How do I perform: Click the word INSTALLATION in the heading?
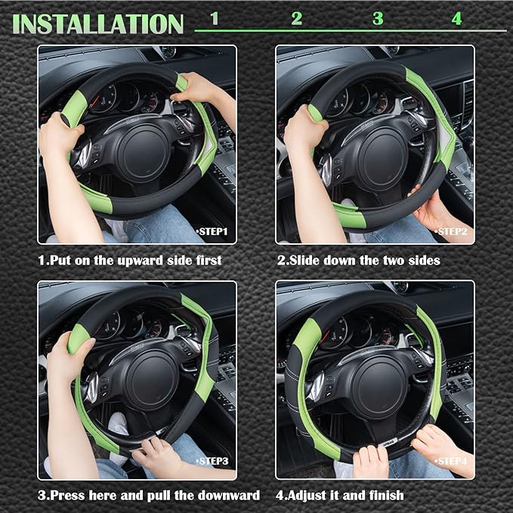pyautogui.click(x=98, y=23)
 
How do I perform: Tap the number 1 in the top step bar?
pyautogui.click(x=215, y=19)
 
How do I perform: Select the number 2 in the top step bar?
pyautogui.click(x=296, y=19)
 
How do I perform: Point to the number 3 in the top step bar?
pyautogui.click(x=378, y=19)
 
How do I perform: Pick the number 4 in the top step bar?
pyautogui.click(x=456, y=19)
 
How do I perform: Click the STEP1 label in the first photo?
pyautogui.click(x=212, y=230)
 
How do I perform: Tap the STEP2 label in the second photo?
pyautogui.click(x=451, y=230)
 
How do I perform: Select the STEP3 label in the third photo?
pyautogui.click(x=212, y=460)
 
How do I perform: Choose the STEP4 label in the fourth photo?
pyautogui.click(x=451, y=460)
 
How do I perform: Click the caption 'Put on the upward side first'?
pyautogui.click(x=130, y=260)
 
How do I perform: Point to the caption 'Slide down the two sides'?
pyautogui.click(x=358, y=260)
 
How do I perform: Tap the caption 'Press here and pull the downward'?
pyautogui.click(x=149, y=495)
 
